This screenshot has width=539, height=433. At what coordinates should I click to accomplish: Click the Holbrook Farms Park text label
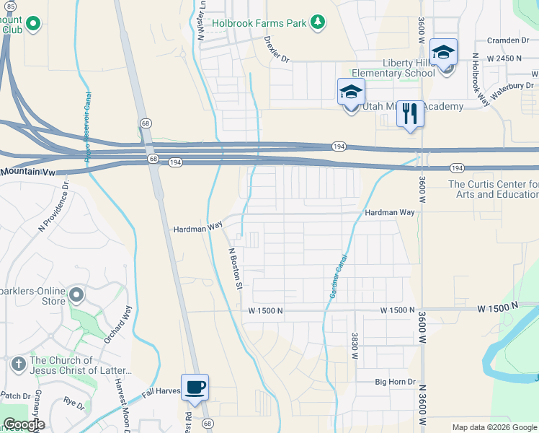pyautogui.click(x=259, y=23)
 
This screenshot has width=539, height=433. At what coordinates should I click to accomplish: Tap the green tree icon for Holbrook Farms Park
pyautogui.click(x=317, y=23)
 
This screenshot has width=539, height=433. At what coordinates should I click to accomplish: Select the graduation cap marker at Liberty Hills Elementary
pyautogui.click(x=443, y=53)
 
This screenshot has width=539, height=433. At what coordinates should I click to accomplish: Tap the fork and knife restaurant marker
pyautogui.click(x=410, y=113)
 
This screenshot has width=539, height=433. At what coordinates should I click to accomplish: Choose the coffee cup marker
pyautogui.click(x=195, y=388)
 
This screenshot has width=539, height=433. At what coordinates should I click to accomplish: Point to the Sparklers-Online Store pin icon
pyautogui.click(x=78, y=295)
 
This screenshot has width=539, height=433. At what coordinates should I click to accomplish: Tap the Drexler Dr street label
pyautogui.click(x=276, y=48)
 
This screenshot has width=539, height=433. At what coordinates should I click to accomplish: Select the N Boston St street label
pyautogui.click(x=235, y=269)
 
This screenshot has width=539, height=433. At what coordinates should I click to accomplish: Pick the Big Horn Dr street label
pyautogui.click(x=396, y=381)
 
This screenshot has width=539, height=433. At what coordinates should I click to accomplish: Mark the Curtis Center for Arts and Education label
pyautogui.click(x=493, y=189)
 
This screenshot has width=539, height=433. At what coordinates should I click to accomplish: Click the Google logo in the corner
pyautogui.click(x=24, y=424)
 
